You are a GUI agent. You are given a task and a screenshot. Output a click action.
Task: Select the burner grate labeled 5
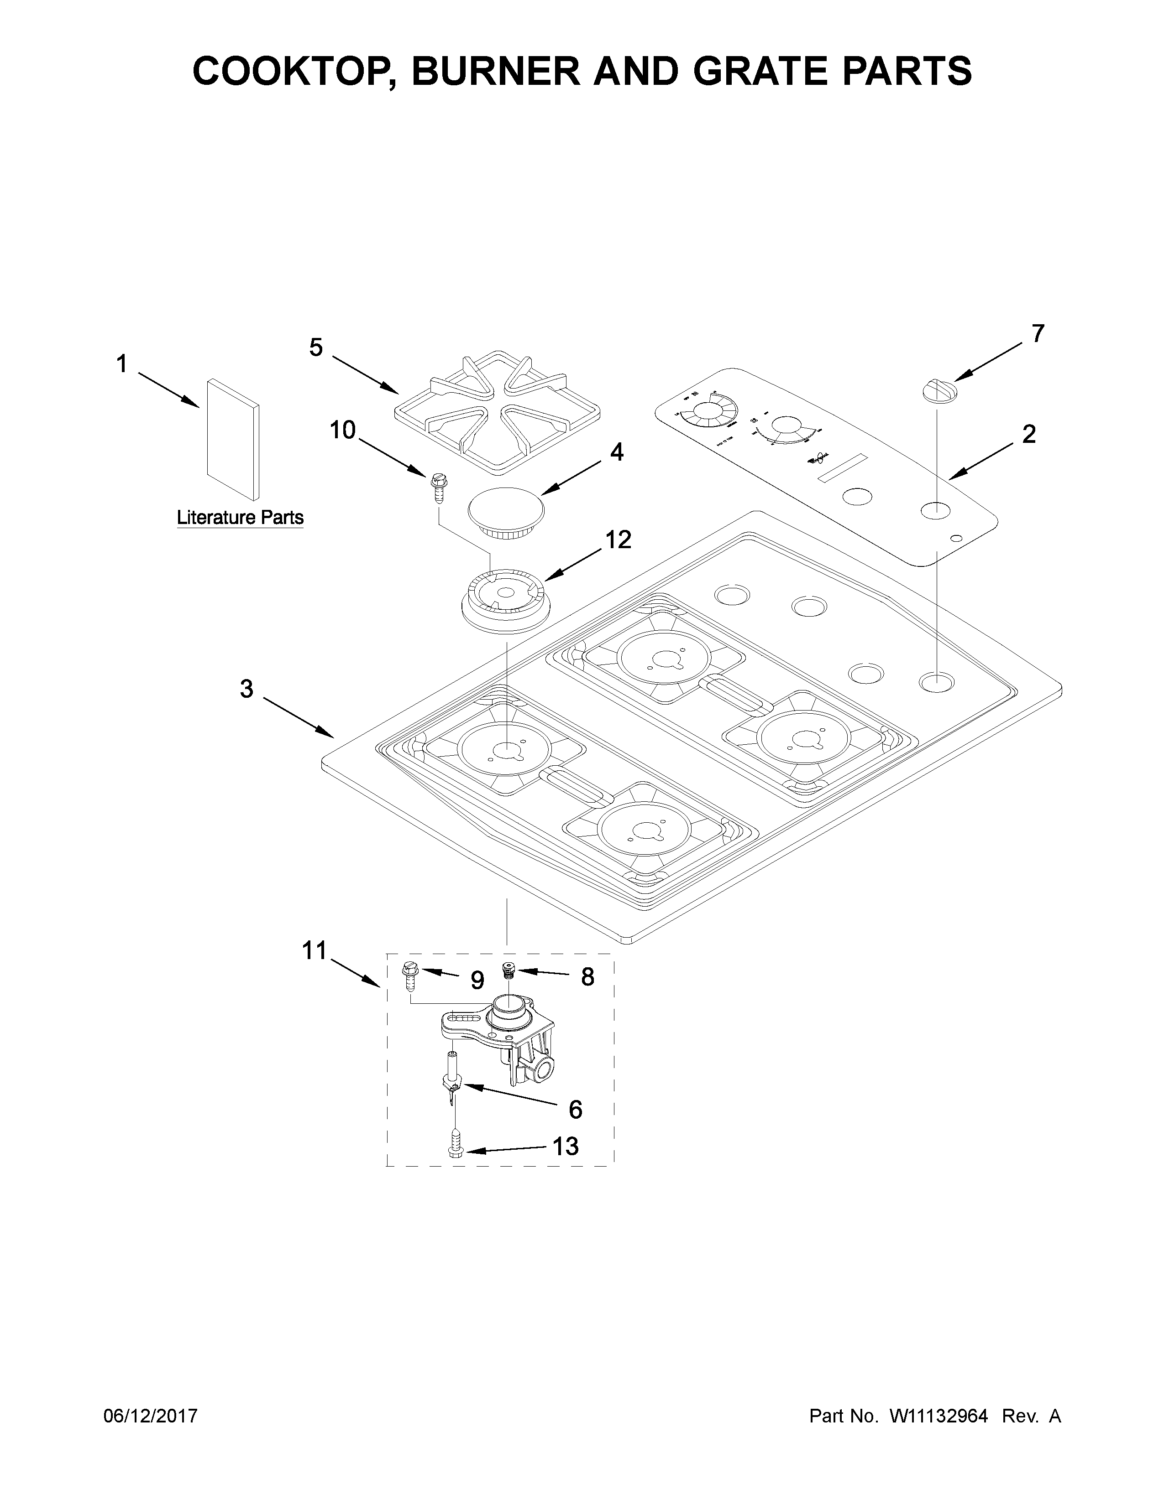pos(497,414)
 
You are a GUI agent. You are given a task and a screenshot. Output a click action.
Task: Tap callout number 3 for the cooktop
pos(246,688)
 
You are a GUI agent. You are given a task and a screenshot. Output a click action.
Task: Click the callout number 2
pos(1028,434)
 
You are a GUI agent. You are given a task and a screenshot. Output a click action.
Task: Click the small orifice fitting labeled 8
pos(509,970)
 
